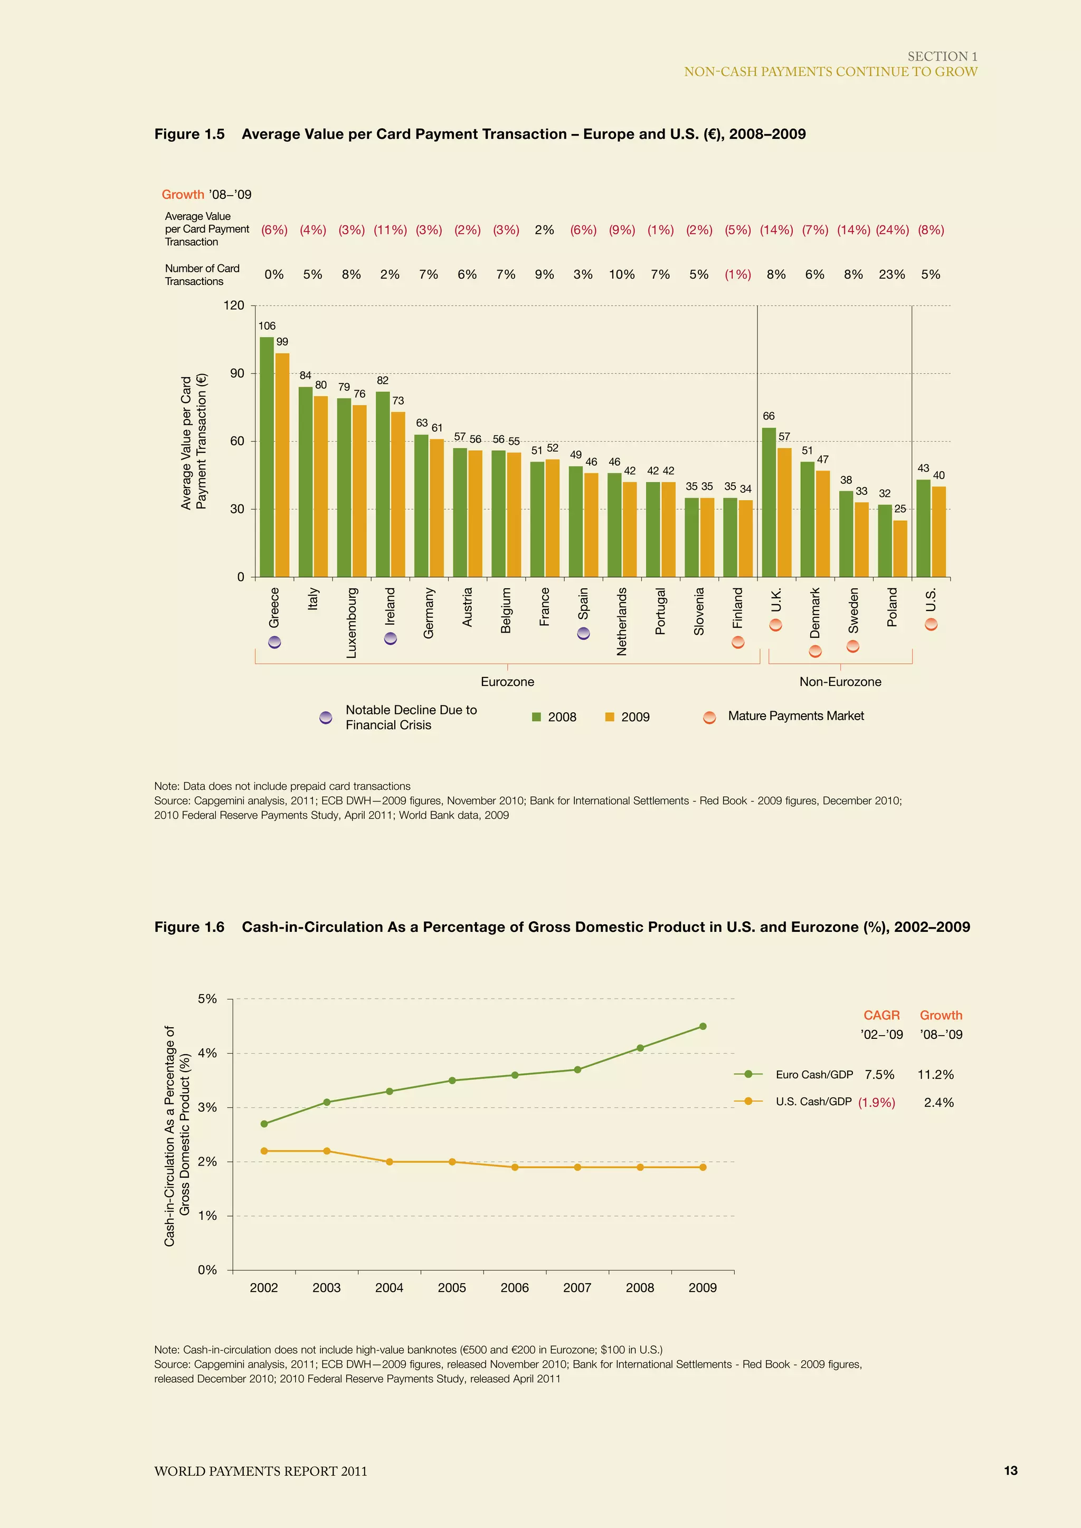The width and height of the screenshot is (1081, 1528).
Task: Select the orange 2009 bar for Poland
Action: coord(900,549)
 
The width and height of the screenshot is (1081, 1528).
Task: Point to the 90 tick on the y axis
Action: coord(237,374)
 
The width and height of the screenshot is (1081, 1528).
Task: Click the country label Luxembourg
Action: coord(352,622)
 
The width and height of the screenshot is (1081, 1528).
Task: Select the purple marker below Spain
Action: coord(583,633)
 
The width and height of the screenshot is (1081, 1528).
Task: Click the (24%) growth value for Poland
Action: coord(892,230)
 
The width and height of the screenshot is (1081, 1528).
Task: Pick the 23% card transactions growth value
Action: coord(892,274)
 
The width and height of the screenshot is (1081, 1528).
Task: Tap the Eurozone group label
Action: coord(507,682)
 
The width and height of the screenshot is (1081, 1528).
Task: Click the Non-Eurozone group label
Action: coord(840,682)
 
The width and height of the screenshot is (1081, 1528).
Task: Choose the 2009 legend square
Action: coord(609,717)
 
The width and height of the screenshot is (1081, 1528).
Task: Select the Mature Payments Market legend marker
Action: coord(709,717)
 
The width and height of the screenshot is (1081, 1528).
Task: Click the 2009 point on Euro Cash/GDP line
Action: coord(702,1026)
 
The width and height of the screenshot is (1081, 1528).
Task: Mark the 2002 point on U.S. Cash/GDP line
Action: coord(264,1151)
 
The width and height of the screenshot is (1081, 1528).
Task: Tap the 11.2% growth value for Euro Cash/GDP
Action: coord(935,1074)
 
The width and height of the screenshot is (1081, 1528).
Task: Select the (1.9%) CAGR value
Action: coord(876,1102)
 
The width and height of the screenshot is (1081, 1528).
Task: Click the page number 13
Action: coord(1010,1470)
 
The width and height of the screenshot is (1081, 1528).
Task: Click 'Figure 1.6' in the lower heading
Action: coord(189,927)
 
